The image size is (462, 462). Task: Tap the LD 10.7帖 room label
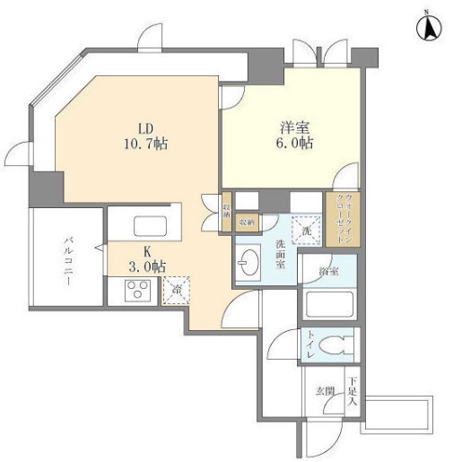click(148, 135)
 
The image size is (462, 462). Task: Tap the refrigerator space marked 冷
click(176, 290)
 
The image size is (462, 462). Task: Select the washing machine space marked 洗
click(305, 230)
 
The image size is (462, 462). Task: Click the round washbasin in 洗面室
click(248, 264)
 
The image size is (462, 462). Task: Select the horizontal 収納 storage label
click(246, 222)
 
